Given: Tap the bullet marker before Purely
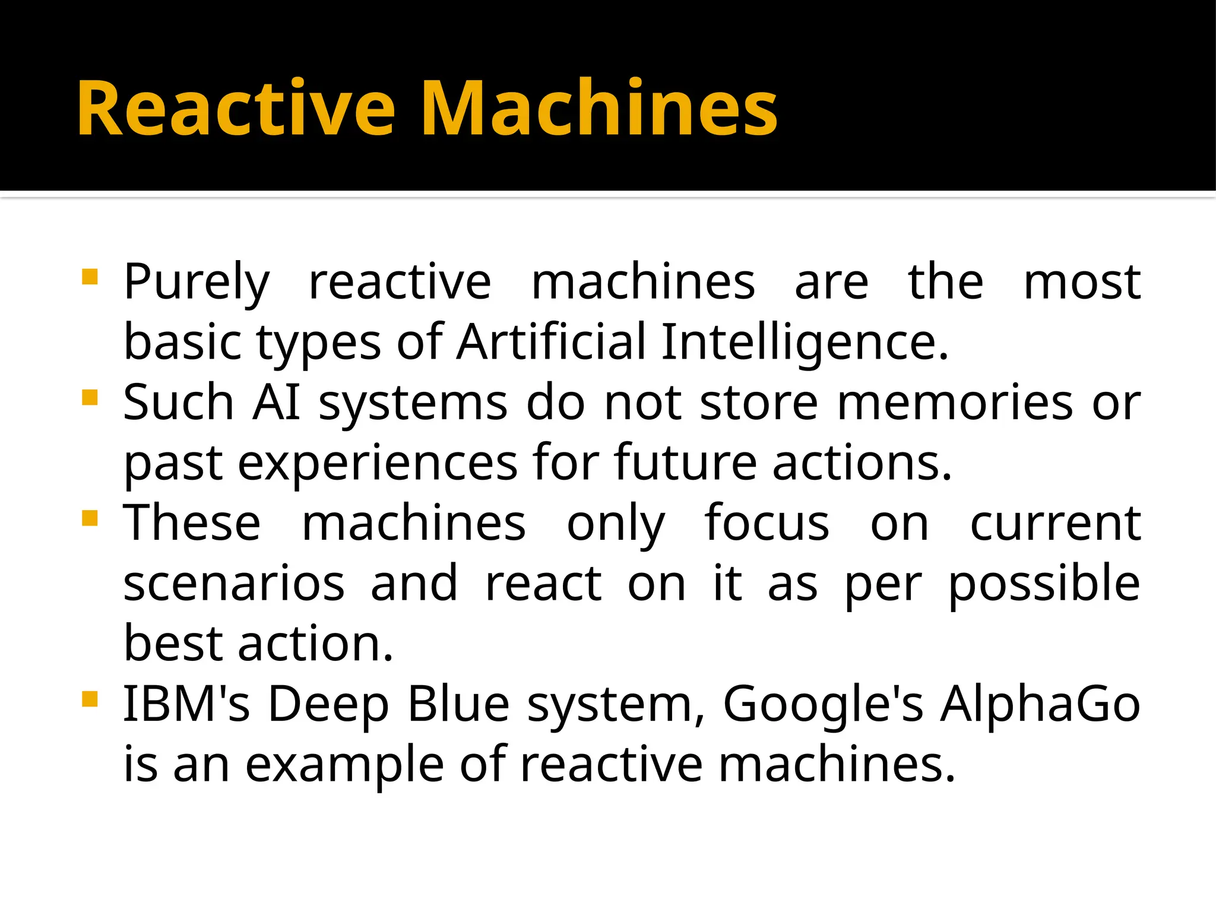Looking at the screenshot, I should tap(90, 277).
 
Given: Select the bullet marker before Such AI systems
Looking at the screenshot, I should tap(90, 397).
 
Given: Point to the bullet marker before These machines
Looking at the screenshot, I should tap(90, 518).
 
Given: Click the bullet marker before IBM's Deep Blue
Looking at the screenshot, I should tap(90, 699).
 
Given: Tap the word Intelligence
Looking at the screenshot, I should tap(804, 343).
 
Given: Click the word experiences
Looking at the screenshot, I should tap(378, 464).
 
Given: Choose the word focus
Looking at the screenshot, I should tap(767, 524).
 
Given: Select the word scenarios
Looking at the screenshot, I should tap(234, 584).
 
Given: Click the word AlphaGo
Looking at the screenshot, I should tap(1040, 705).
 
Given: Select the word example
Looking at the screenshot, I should tap(344, 766).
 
